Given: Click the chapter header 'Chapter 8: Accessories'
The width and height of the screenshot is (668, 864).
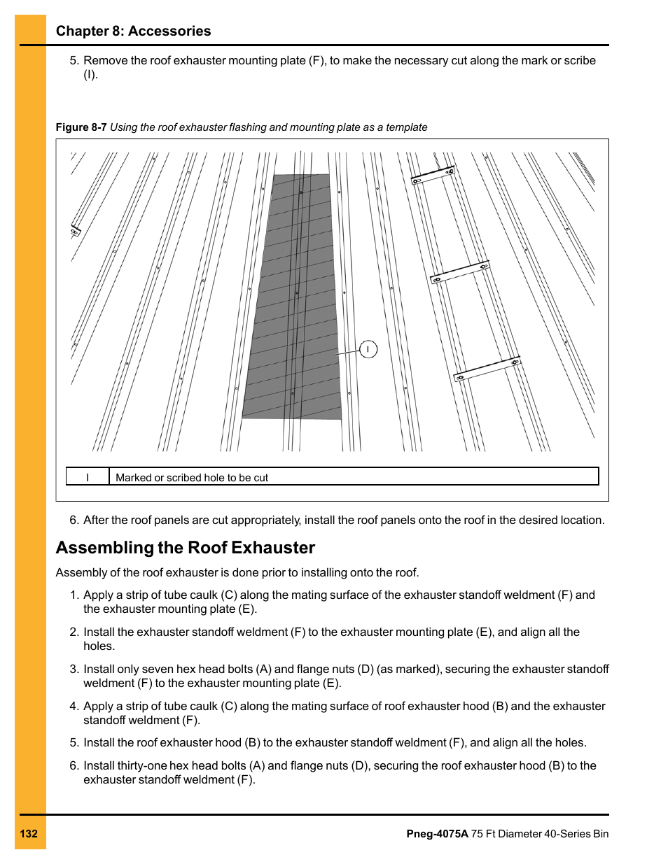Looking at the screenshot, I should point(133,31).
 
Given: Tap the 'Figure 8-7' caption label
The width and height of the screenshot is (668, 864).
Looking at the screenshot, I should point(81,127).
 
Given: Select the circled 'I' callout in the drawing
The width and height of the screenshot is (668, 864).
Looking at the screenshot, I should point(368,349).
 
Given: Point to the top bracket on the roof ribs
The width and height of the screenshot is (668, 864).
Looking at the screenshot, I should point(433,176).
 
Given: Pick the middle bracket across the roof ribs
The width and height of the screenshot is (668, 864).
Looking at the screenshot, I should point(460,272).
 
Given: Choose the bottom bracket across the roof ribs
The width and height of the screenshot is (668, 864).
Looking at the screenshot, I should point(487,369).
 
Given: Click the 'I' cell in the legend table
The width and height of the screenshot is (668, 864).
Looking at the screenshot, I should point(88,477).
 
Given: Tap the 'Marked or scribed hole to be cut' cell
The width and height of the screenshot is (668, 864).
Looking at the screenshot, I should point(192,477).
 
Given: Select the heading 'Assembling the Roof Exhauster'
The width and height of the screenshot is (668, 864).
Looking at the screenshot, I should point(186,548).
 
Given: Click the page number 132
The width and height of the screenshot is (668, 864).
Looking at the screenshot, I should point(29,834).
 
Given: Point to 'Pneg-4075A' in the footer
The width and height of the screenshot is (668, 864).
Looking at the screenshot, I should point(437,834).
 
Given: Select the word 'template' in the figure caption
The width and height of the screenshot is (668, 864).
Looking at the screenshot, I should point(406,127).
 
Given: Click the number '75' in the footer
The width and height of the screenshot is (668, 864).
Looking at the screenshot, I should point(478,834).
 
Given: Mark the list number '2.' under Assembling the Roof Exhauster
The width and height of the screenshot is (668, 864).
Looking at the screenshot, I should point(74,632).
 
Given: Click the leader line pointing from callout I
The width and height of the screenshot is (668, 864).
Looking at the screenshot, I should point(347,353).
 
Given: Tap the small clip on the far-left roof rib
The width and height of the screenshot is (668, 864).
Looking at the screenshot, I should point(75,231).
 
